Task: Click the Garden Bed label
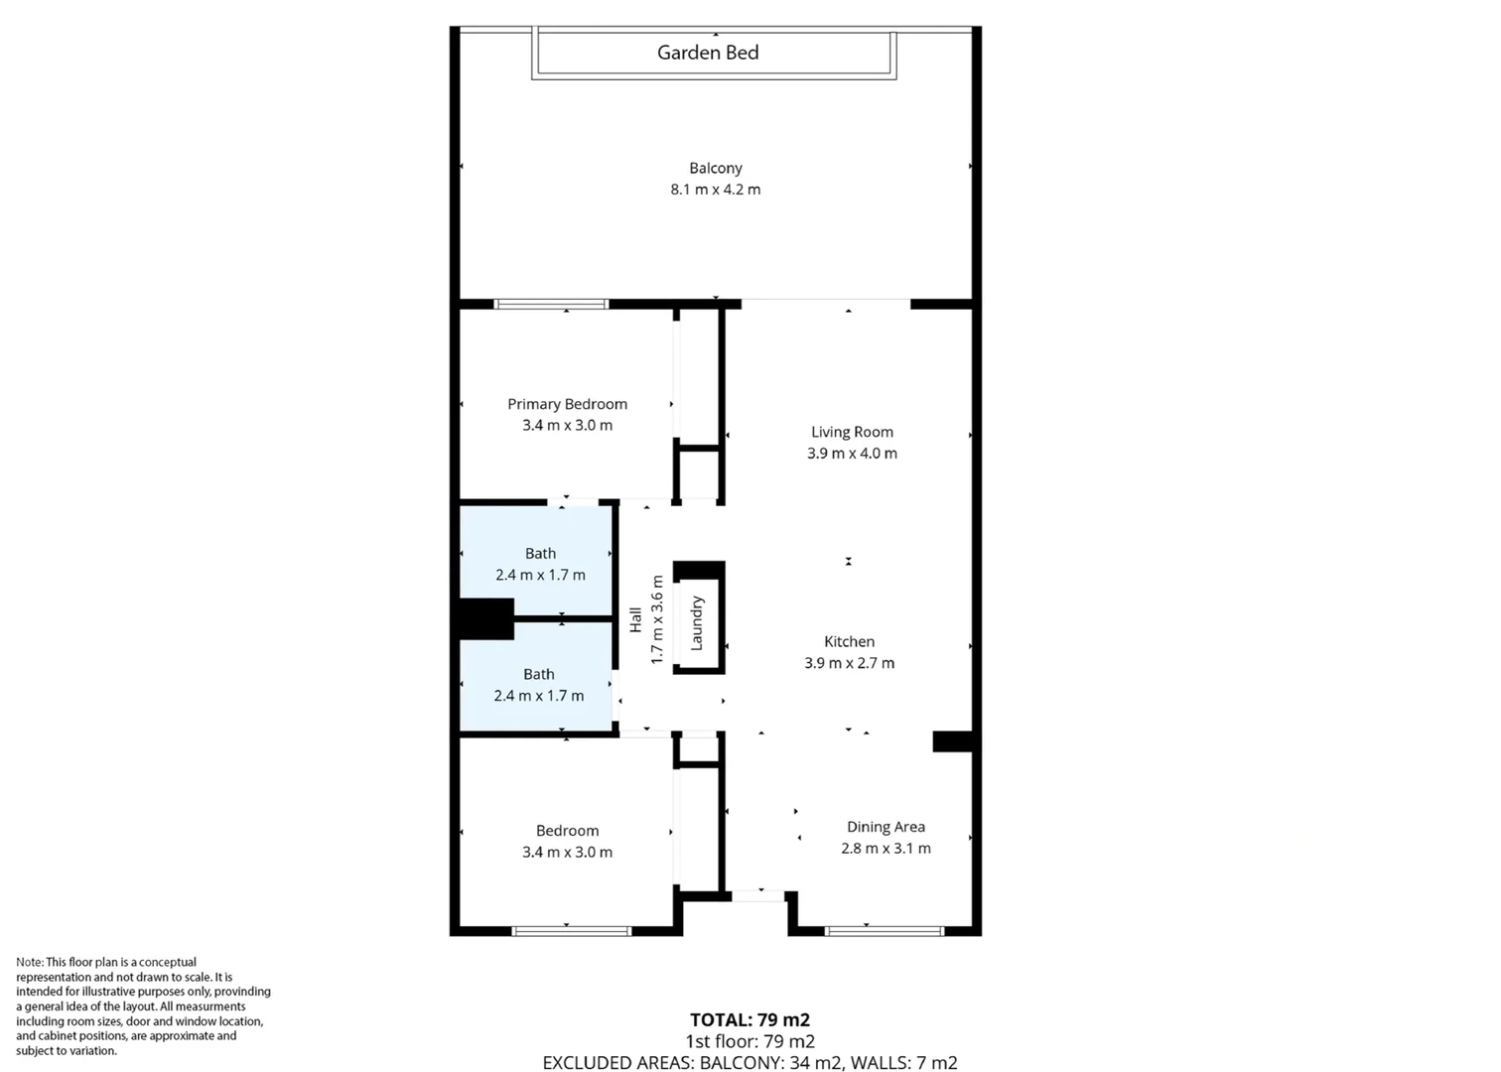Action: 708,53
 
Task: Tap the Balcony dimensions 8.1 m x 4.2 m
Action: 715,190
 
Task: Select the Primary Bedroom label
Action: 567,404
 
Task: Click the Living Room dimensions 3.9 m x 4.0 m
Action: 852,454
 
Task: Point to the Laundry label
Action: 697,623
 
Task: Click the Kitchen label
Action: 849,642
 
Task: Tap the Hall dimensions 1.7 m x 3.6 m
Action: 656,619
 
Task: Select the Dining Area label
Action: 886,827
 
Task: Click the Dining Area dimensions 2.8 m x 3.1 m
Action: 886,849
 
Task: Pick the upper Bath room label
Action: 540,554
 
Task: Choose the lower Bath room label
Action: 539,674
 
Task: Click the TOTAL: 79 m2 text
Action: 750,1019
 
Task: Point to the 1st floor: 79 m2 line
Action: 750,1041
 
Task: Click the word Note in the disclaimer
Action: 29,962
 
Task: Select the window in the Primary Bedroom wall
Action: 551,304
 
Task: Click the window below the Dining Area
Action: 885,931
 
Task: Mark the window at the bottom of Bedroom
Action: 571,931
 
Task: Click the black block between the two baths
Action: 486,618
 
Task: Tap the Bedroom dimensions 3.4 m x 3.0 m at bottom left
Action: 567,853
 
